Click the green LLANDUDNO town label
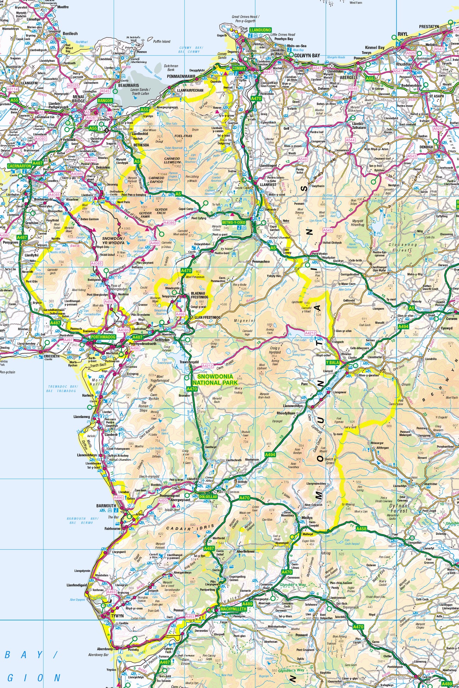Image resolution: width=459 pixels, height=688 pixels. [x=260, y=30]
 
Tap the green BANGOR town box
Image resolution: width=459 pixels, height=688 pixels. [x=105, y=101]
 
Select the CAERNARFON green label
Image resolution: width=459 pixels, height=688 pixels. [x=19, y=166]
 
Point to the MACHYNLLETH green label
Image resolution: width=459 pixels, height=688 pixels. [x=233, y=609]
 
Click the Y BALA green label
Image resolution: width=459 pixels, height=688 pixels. [x=333, y=363]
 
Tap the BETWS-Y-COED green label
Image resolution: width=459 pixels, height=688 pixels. [x=234, y=223]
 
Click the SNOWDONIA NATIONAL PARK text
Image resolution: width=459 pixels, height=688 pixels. [x=215, y=380]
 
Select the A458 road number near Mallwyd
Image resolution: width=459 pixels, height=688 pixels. [x=361, y=529]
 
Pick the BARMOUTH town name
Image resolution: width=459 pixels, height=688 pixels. [x=106, y=506]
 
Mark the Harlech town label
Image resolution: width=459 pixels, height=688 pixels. [x=88, y=395]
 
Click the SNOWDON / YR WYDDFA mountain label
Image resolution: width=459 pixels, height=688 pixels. [x=113, y=241]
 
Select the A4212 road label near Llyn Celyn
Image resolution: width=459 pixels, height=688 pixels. [x=310, y=333]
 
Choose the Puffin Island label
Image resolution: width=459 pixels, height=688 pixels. [x=161, y=41]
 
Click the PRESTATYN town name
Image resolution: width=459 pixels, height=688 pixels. [x=429, y=27]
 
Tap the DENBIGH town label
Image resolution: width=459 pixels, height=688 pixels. [x=426, y=147]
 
